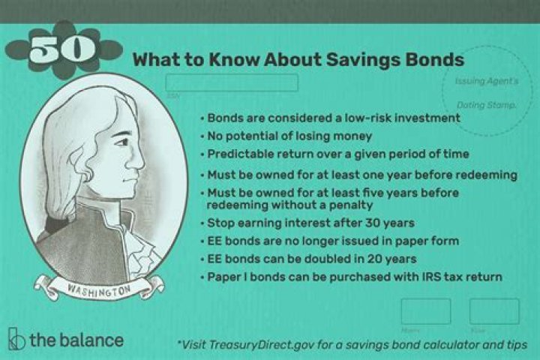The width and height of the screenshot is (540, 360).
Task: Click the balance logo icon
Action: pyautogui.click(x=16, y=340)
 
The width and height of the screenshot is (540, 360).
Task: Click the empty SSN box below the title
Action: pyautogui.click(x=232, y=82)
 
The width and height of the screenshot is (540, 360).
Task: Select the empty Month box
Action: pyautogui.click(x=426, y=311)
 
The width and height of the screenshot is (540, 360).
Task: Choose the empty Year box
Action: pyautogui.click(x=494, y=311)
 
